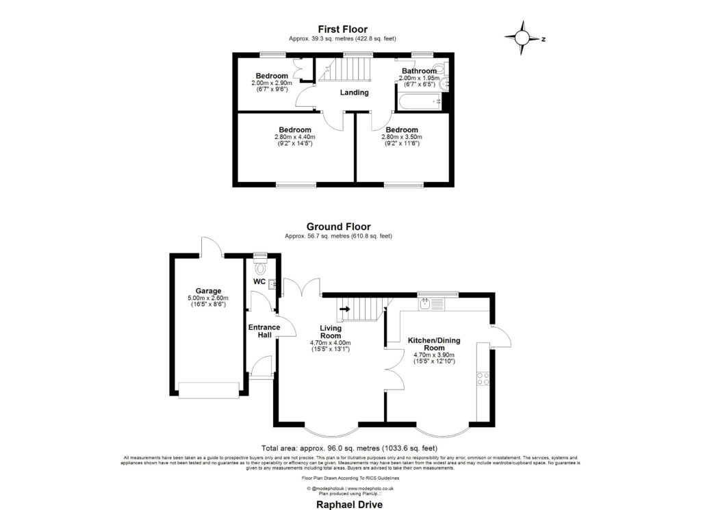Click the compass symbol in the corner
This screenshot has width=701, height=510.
[524, 39]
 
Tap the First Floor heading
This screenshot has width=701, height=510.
[342, 29]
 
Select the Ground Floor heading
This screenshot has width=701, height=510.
[338, 227]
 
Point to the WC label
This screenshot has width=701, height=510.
[259, 281]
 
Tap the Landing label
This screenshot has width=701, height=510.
[354, 92]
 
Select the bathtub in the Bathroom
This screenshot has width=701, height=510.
[418, 103]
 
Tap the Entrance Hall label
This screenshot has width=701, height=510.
[264, 331]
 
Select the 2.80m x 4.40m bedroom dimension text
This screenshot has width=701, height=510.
[294, 136]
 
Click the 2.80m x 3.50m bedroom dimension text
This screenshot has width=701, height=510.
[400, 136]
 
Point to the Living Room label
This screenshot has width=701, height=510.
[330, 332]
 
